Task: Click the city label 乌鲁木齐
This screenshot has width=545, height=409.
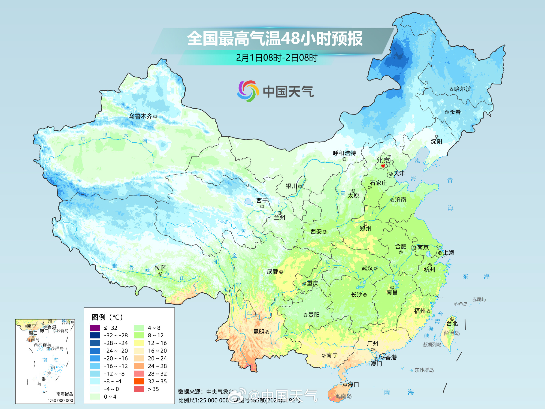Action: [x=141, y=116]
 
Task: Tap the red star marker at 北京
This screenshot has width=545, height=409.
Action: [x=383, y=166]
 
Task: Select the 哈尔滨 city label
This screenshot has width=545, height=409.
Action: [x=463, y=89]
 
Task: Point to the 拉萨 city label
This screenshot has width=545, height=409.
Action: [x=160, y=268]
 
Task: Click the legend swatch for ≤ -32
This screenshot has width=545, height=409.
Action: [x=95, y=328]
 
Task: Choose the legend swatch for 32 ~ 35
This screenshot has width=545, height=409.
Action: [x=139, y=381]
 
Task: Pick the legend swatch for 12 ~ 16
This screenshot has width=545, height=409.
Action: [x=139, y=343]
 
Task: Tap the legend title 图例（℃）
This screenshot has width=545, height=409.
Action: [x=107, y=317]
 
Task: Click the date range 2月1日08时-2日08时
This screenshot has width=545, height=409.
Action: [x=277, y=58]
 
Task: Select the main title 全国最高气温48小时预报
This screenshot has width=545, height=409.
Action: [x=275, y=38]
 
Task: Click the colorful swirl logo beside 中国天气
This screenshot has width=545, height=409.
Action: [x=248, y=91]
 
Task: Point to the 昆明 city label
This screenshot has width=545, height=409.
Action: [x=259, y=332]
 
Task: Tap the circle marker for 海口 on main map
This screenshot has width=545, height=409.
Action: [x=345, y=384]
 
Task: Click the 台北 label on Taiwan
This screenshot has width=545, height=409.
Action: [x=452, y=323]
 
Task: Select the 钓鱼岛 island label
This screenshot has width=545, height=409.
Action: [x=461, y=304]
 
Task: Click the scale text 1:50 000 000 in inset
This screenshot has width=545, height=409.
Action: [x=60, y=400]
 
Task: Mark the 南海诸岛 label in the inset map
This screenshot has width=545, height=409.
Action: [x=65, y=394]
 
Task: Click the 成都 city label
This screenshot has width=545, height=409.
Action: [x=272, y=271]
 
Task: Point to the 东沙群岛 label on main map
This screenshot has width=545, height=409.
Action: [x=424, y=370]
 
